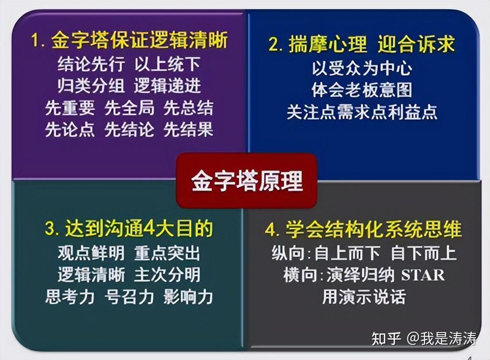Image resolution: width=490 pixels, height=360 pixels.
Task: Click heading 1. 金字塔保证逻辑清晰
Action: pyautogui.click(x=129, y=41)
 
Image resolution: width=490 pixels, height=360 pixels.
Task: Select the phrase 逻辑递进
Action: pyautogui.click(x=167, y=86)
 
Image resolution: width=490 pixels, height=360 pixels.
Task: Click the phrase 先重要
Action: pyautogui.click(x=70, y=108)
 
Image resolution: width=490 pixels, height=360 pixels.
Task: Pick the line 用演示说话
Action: pyautogui.click(x=364, y=297)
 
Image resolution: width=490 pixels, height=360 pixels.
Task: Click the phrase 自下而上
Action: pyautogui.click(x=424, y=252)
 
